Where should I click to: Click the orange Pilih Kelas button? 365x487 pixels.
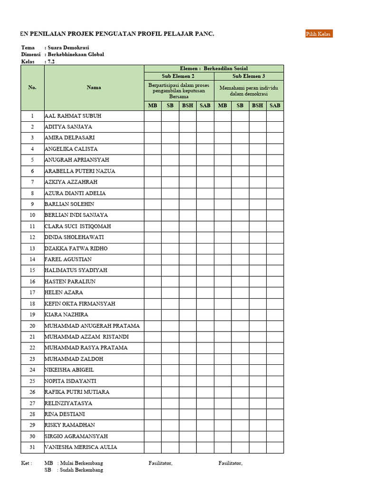point(319,33)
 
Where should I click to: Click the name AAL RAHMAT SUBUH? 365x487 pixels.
point(73,116)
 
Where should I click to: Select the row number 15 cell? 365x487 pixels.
point(32,270)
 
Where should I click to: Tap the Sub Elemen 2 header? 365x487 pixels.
point(179,76)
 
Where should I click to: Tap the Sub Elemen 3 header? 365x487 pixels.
point(249,76)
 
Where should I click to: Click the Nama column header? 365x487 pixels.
point(94,88)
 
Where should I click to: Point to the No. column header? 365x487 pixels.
point(32,88)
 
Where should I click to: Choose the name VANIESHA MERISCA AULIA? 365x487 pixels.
point(81,447)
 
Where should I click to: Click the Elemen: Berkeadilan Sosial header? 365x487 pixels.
point(214,68)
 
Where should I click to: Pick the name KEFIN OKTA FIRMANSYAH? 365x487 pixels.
point(80,303)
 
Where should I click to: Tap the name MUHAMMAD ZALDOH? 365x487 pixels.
point(74,359)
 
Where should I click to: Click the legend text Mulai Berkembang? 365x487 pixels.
point(80,463)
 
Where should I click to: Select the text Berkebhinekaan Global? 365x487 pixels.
point(76,55)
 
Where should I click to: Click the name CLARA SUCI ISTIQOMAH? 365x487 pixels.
point(77,226)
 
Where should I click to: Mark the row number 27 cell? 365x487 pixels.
point(32,403)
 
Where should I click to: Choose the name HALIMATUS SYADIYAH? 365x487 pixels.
point(76,270)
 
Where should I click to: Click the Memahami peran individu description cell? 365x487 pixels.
point(249,91)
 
